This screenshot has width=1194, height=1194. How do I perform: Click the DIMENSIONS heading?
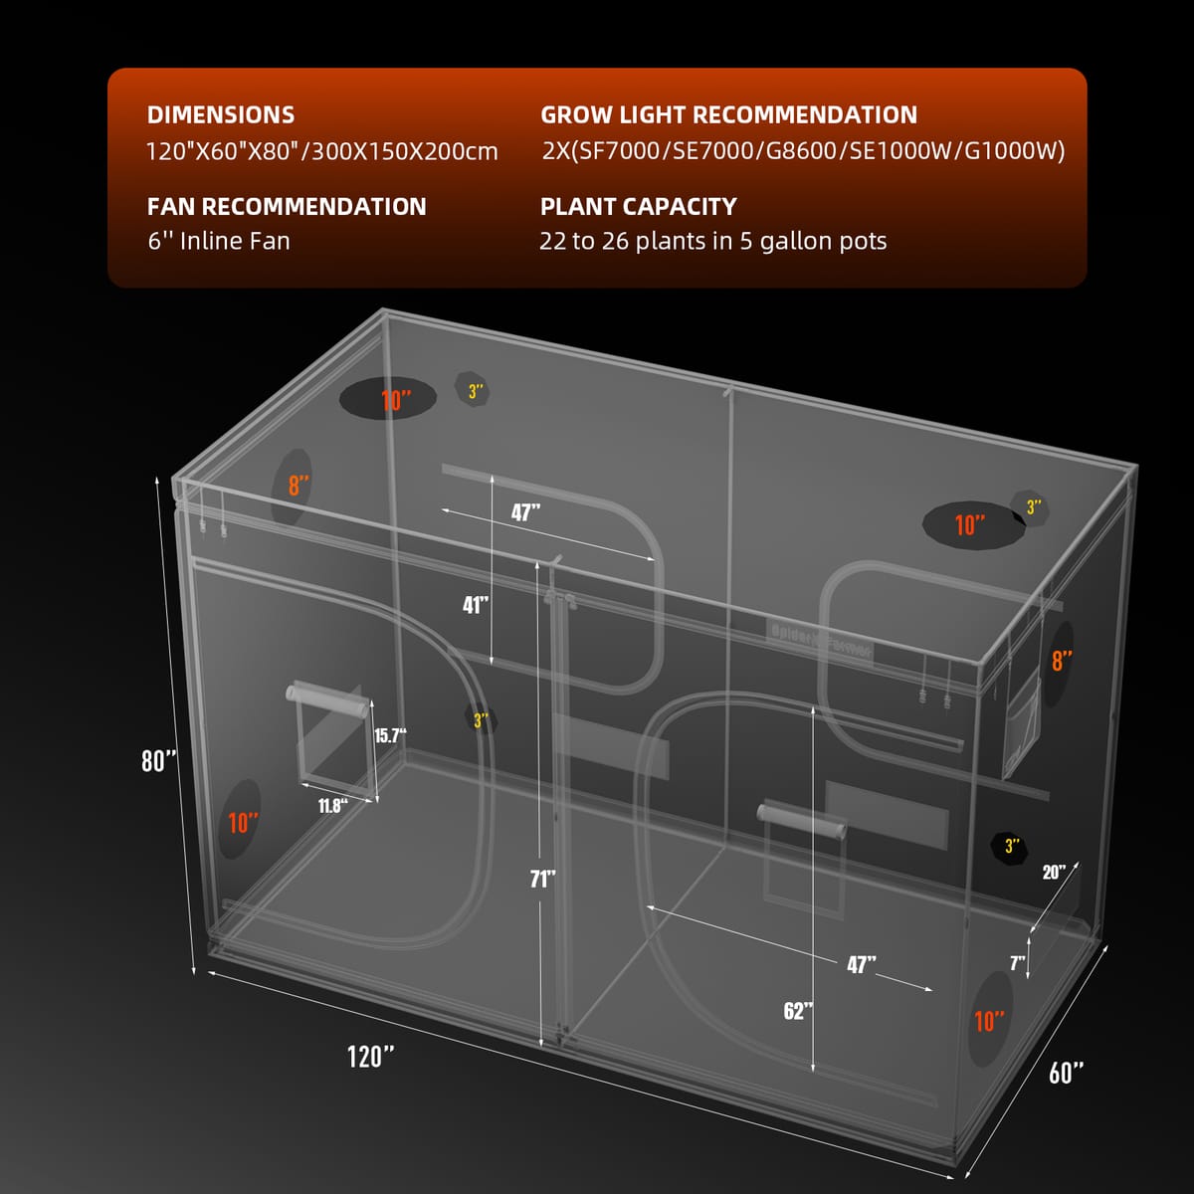coord(221,115)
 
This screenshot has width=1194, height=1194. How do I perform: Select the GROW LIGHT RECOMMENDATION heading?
coord(728,115)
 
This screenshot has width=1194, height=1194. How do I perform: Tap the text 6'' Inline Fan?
coord(219,241)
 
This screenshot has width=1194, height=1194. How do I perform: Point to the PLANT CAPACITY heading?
coord(638,207)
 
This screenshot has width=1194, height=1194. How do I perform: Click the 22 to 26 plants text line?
coord(712,241)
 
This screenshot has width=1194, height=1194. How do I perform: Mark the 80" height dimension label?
coord(158,761)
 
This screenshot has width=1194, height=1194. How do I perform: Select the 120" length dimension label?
coord(370,1056)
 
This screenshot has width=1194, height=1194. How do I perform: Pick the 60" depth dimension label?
coord(1066,1073)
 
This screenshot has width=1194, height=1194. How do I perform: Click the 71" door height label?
coord(541,879)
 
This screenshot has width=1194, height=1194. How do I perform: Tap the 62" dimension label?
coord(798,1011)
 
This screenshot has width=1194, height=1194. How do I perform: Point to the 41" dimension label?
coord(476,605)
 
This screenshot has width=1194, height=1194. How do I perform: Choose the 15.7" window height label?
coord(390,736)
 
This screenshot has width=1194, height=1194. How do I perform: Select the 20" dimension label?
coord(1054,873)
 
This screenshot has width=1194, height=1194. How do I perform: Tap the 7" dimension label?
coord(1017,962)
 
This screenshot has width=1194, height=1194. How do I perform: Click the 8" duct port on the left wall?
coord(294,487)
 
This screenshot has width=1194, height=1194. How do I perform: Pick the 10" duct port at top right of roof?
coord(973,524)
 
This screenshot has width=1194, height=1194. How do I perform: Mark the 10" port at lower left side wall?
coord(241,822)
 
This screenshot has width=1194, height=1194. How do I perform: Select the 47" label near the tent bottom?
coord(861,964)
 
